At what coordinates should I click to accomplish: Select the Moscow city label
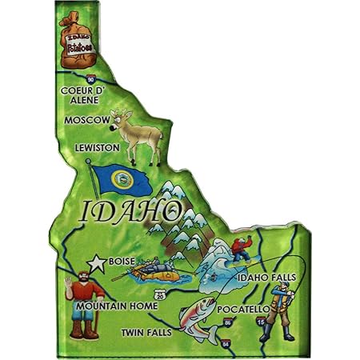tap(86, 120)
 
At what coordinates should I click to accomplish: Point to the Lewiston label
tap(96, 148)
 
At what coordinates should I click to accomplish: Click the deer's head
tap(122, 121)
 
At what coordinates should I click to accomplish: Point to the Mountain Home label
tap(112, 305)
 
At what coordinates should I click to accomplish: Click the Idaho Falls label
tap(266, 278)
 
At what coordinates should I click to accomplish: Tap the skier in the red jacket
tap(240, 245)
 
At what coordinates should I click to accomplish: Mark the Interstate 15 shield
tap(262, 321)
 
